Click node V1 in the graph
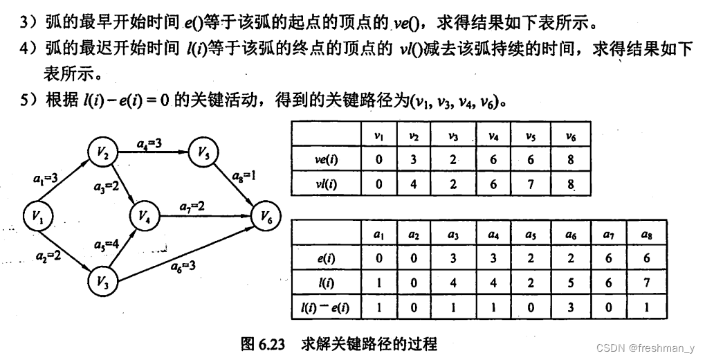click(37, 217)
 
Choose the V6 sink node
click(267, 217)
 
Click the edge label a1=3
click(48, 179)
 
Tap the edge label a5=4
click(106, 244)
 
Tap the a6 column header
click(571, 235)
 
